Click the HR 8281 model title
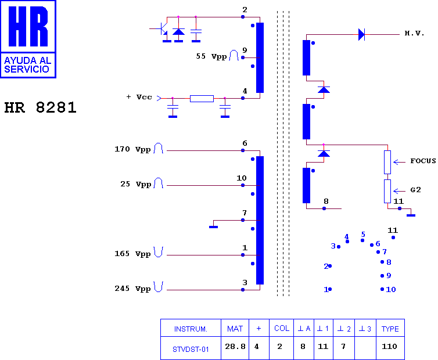40,107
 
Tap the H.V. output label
415,34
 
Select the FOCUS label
423,161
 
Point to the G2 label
415,190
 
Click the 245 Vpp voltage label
132,289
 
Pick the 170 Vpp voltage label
132,149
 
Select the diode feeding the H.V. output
361,35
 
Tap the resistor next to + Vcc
202,98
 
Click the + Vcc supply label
139,97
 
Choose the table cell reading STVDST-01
191,349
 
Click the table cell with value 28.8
235,347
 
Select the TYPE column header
390,329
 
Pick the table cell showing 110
389,347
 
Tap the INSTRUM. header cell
191,329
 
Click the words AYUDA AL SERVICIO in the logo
27,65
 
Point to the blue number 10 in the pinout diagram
391,289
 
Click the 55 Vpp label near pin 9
211,56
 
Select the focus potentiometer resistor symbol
387,162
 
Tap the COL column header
282,329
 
